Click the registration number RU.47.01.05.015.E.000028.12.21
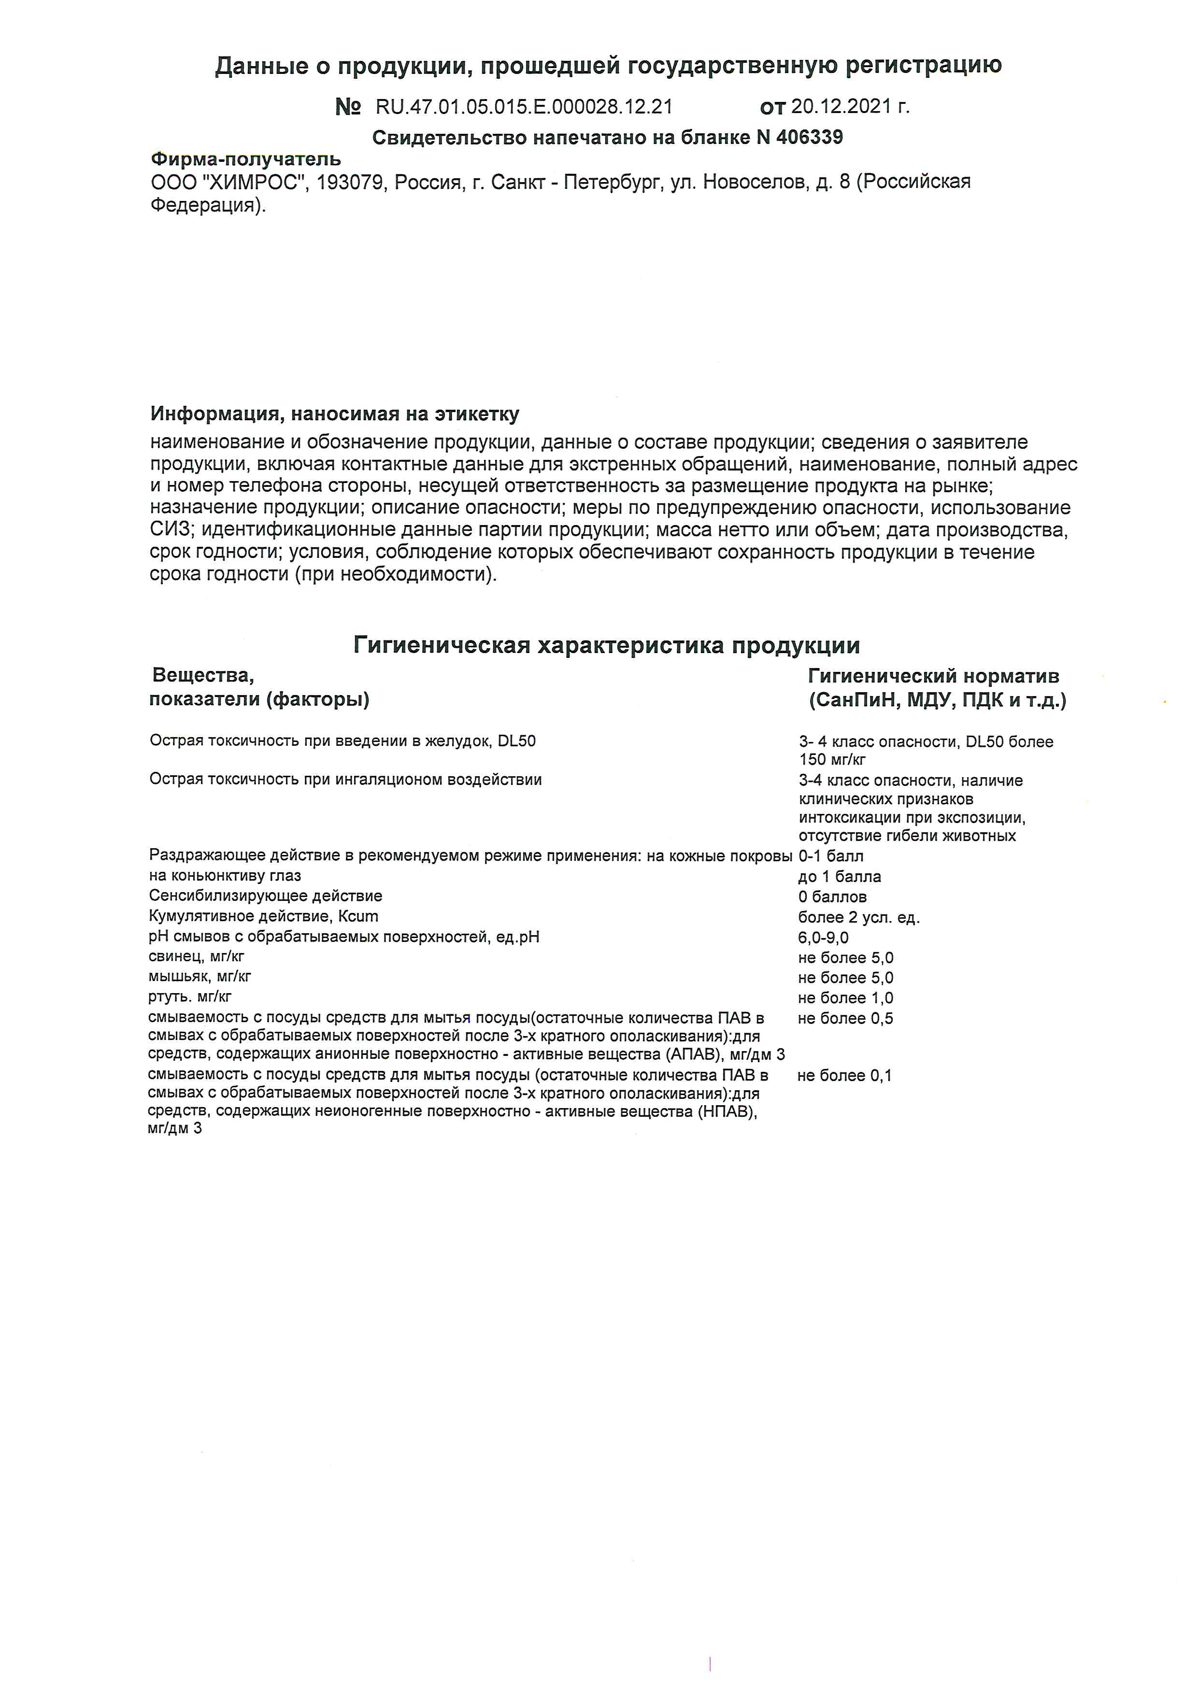524,107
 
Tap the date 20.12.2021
841,107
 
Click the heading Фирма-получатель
246,159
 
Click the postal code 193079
350,182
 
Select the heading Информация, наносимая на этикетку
334,414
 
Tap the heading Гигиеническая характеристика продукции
606,646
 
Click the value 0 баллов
832,897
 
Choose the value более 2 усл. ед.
859,918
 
